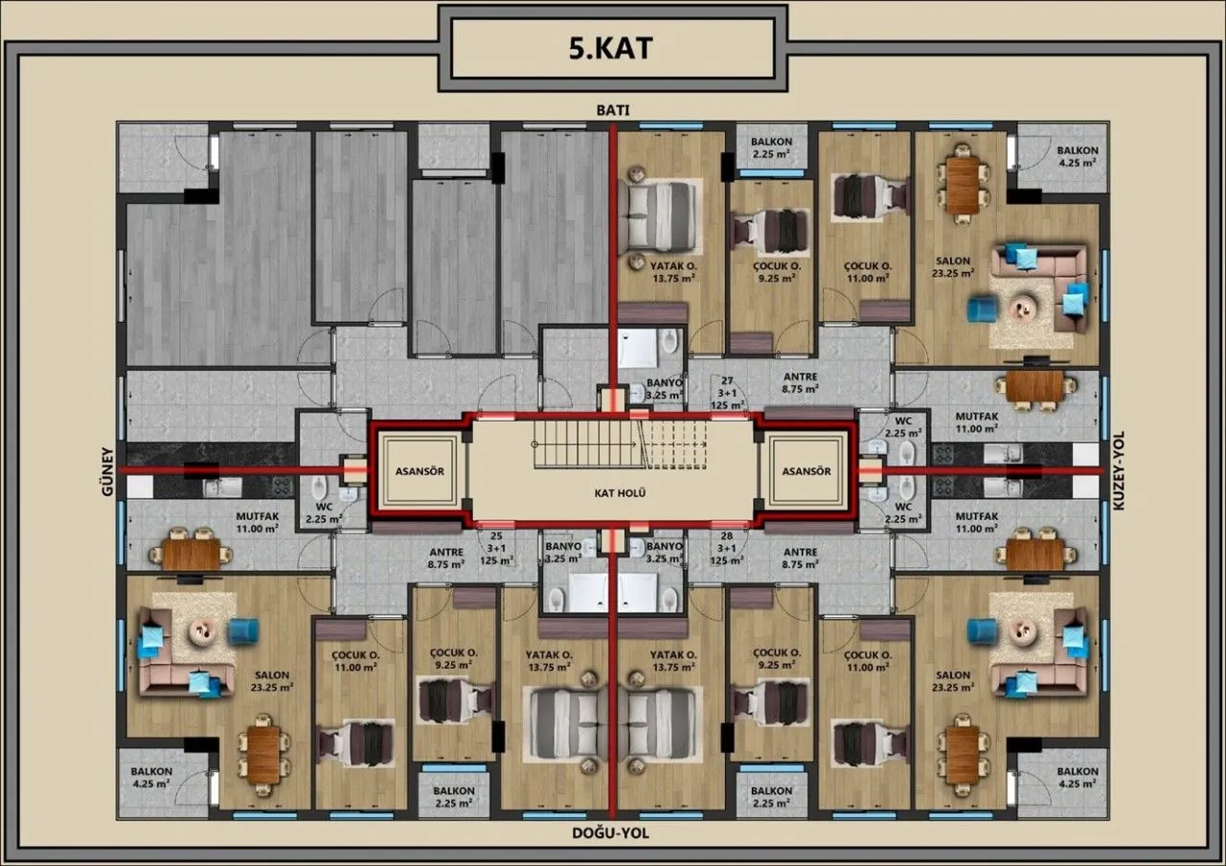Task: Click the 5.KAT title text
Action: pyautogui.click(x=610, y=48)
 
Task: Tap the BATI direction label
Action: pyautogui.click(x=613, y=110)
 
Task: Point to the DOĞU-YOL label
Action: pyautogui.click(x=610, y=833)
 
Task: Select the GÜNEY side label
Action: pyautogui.click(x=107, y=472)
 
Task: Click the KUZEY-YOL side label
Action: pyautogui.click(x=1118, y=470)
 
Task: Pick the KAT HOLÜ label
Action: pyautogui.click(x=620, y=493)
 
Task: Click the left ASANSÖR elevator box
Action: pyautogui.click(x=420, y=471)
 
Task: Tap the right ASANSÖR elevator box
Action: pyautogui.click(x=806, y=471)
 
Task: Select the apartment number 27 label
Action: pyautogui.click(x=727, y=380)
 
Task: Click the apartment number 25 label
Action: pyautogui.click(x=496, y=536)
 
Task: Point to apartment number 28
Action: pyautogui.click(x=727, y=536)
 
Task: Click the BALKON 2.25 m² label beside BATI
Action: pyautogui.click(x=771, y=148)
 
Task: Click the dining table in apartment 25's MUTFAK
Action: pyautogui.click(x=192, y=554)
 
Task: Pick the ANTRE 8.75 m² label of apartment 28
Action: pyautogui.click(x=800, y=558)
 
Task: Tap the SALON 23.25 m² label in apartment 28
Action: pyautogui.click(x=953, y=681)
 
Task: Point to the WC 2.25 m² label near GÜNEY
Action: pyautogui.click(x=324, y=513)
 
